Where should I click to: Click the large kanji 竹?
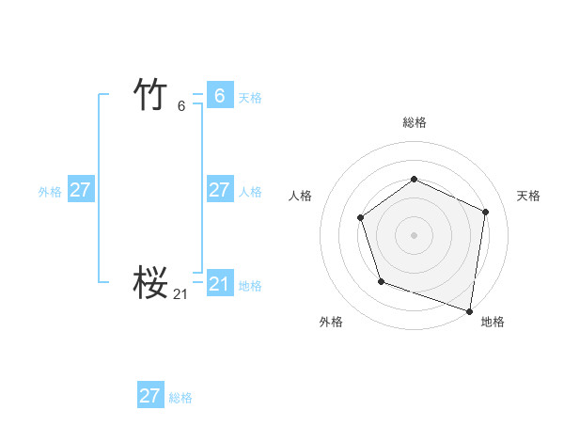(x=151, y=95)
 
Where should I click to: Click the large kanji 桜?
(x=151, y=282)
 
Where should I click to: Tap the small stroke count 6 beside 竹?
(x=181, y=106)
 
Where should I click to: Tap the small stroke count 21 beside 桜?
(x=180, y=294)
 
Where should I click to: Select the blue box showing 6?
(x=219, y=96)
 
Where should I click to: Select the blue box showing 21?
(x=219, y=284)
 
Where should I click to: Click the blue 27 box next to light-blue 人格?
(x=219, y=190)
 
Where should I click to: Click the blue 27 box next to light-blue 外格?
(x=80, y=190)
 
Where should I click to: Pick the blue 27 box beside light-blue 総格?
(x=150, y=396)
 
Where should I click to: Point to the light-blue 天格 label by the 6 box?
(x=250, y=98)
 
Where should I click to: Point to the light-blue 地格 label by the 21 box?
(x=250, y=286)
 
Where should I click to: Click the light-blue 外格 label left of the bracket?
(x=50, y=192)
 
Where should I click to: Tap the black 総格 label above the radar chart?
(x=415, y=123)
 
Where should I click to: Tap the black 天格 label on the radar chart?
(x=528, y=196)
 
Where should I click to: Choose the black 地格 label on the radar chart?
(x=493, y=323)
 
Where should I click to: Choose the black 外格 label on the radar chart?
(x=331, y=323)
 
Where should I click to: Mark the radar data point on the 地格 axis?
(x=469, y=309)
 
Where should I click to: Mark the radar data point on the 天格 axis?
(x=486, y=212)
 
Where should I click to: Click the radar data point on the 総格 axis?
(x=414, y=179)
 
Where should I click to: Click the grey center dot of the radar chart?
(x=414, y=234)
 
